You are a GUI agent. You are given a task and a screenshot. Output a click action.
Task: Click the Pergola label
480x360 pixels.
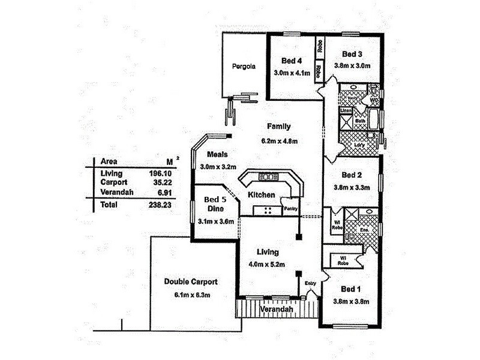click(x=244, y=67)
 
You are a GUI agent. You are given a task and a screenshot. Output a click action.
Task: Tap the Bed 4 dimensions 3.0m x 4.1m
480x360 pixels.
click(x=292, y=73)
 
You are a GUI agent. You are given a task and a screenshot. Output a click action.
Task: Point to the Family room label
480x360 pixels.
click(x=279, y=127)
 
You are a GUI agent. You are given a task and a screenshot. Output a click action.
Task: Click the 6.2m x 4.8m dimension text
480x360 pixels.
click(x=279, y=142)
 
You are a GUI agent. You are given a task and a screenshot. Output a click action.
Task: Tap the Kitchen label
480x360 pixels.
click(x=262, y=195)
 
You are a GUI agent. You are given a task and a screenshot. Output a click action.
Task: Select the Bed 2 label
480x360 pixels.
click(x=351, y=175)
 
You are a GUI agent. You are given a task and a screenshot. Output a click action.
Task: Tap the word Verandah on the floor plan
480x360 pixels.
click(x=277, y=309)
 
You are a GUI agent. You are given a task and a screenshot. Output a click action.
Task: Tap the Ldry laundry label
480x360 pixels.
click(x=359, y=146)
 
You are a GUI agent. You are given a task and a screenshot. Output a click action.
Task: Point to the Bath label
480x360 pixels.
click(x=360, y=121)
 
